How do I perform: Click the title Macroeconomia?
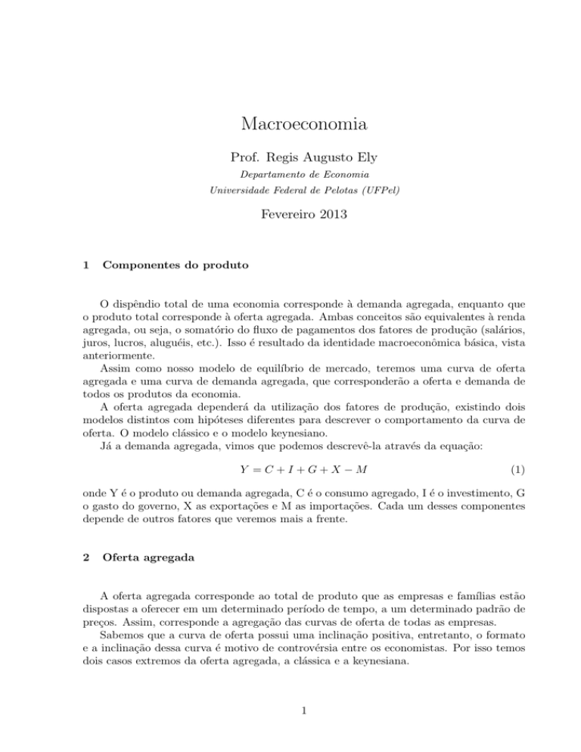pos(290,125)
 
